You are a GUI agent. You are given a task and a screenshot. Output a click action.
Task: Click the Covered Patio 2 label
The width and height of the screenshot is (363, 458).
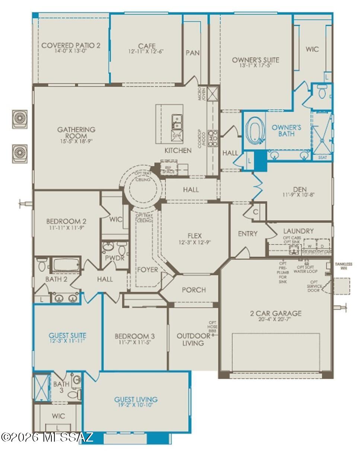71,45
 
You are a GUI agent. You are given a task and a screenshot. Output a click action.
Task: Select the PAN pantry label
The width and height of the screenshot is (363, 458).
192,53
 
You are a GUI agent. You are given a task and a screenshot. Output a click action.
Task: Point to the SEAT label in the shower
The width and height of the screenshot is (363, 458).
322,158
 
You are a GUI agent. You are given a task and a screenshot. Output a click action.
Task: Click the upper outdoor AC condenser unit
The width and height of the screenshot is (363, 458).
20,119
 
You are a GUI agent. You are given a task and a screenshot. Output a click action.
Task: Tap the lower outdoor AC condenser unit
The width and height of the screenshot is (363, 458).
20,153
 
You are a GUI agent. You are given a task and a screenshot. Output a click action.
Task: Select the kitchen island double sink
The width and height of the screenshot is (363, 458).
176,121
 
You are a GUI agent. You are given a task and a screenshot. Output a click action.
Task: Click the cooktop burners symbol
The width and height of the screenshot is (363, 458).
213,138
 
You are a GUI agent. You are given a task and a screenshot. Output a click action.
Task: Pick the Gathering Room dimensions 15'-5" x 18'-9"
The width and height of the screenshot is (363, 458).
76,141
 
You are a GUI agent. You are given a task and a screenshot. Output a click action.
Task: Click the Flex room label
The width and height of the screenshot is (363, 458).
195,236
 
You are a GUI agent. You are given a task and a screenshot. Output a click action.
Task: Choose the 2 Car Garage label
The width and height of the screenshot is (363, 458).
276,313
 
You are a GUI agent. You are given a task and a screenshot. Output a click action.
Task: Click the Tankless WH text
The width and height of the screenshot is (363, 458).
343,266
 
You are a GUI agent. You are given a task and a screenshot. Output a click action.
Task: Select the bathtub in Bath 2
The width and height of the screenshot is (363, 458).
65,265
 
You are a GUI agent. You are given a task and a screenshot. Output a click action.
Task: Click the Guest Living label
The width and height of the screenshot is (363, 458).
136,399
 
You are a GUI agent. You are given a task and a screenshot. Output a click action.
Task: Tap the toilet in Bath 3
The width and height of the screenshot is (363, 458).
75,394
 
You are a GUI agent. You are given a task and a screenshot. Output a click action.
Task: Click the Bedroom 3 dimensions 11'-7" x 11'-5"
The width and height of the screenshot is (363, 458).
135,343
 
